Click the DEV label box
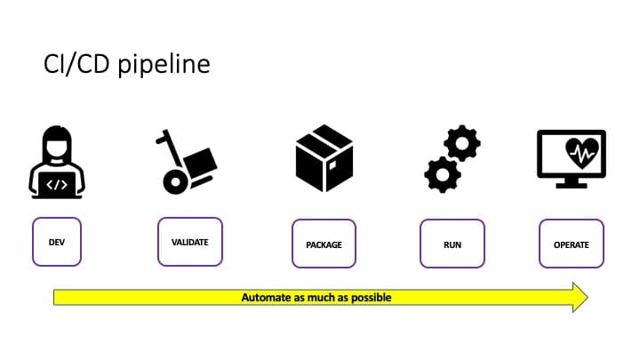(x=57, y=242)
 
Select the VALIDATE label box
(x=190, y=242)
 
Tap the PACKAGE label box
(x=324, y=244)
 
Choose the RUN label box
(x=452, y=244)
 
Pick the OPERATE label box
(x=572, y=244)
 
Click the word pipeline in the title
(x=164, y=65)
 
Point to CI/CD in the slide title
(x=76, y=64)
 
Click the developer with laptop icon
(x=57, y=162)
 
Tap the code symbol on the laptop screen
(x=57, y=185)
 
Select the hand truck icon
(x=186, y=162)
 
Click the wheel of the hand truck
(x=175, y=182)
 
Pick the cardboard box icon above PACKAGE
(x=324, y=158)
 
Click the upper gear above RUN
(x=462, y=143)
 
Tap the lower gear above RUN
(x=443, y=175)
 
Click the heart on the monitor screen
(x=582, y=153)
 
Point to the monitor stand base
(x=572, y=186)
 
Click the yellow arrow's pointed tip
(x=588, y=297)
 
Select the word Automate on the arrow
(x=267, y=297)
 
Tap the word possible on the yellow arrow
(x=372, y=298)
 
